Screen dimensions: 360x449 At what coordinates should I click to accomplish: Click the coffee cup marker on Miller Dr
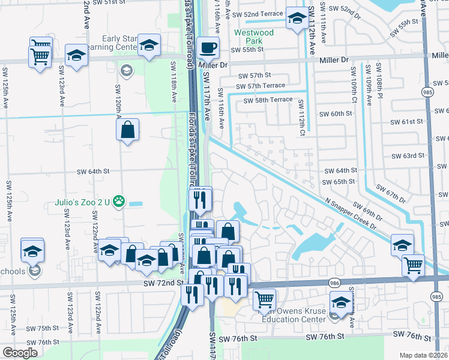point(208,47)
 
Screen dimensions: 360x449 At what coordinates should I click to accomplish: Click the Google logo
point(20,353)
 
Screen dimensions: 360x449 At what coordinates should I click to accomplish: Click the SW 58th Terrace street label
point(268,100)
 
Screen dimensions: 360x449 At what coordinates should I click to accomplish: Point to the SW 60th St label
point(335,114)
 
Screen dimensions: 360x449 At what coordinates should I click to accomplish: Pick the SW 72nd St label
point(163,282)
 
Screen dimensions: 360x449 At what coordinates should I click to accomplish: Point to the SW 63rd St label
point(408,156)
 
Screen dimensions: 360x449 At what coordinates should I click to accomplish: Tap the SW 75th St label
point(44,328)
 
